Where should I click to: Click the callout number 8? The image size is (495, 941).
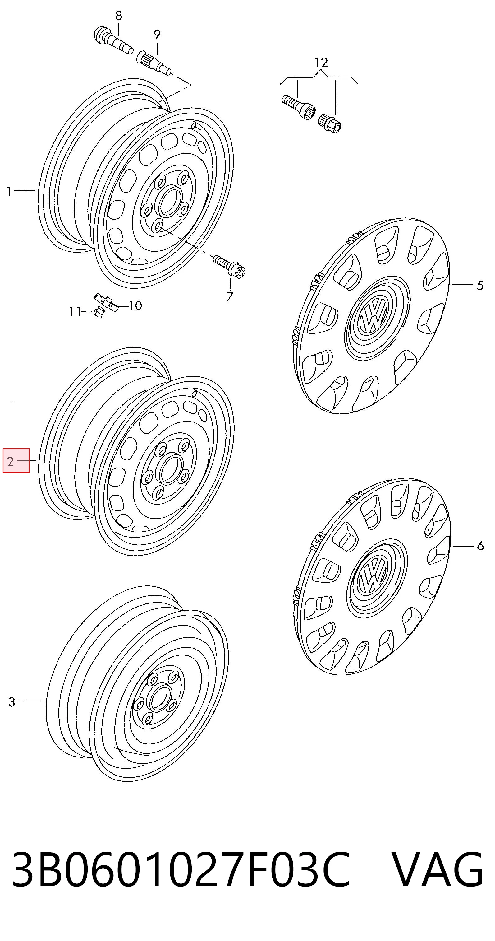(x=119, y=15)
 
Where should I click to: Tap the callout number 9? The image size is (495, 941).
(x=157, y=35)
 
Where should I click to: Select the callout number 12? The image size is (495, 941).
(x=321, y=63)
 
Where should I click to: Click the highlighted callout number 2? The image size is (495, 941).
(x=10, y=462)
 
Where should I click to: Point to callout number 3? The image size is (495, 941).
(x=12, y=701)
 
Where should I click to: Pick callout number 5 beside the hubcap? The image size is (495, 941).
(x=480, y=285)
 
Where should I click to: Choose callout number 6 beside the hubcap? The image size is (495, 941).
(x=480, y=546)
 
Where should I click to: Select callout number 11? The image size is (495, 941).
(x=75, y=312)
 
